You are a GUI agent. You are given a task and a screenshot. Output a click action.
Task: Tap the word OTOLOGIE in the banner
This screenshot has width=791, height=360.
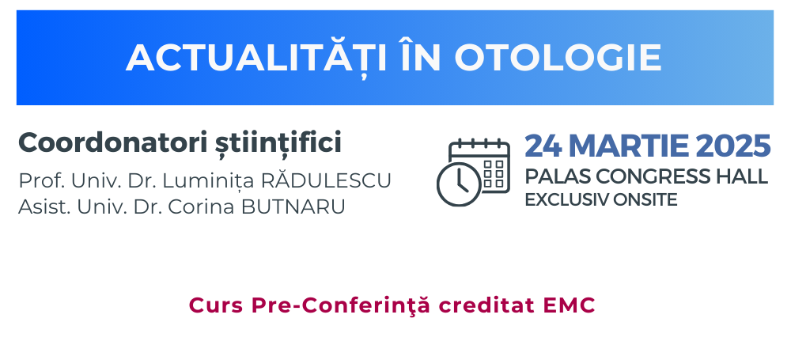click(558, 58)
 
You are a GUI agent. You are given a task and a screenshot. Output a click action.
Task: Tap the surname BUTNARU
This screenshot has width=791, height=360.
click(293, 207)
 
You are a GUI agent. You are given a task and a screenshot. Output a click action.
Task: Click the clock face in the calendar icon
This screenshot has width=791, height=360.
click(459, 184)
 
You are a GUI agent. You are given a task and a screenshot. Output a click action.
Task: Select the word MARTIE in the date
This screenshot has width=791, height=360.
click(627, 146)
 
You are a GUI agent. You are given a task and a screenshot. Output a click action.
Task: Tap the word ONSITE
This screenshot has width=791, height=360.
click(645, 200)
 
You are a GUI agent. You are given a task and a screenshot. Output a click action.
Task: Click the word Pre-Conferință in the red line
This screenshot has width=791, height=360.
click(342, 305)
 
